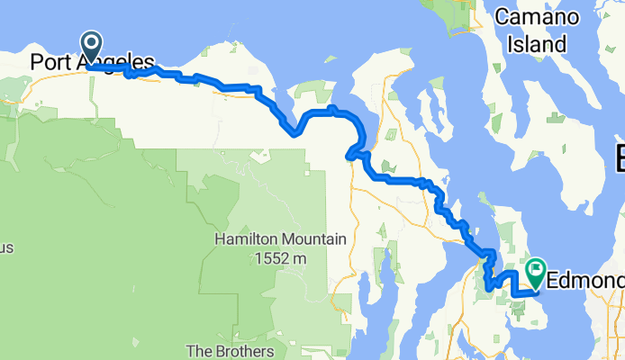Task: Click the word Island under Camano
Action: pyautogui.click(x=536, y=43)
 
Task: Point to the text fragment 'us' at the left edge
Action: pyautogui.click(x=6, y=247)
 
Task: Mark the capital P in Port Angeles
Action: pyautogui.click(x=37, y=64)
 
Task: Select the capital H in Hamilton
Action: pyautogui.click(x=221, y=240)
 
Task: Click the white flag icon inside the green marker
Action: pyautogui.click(x=537, y=267)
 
